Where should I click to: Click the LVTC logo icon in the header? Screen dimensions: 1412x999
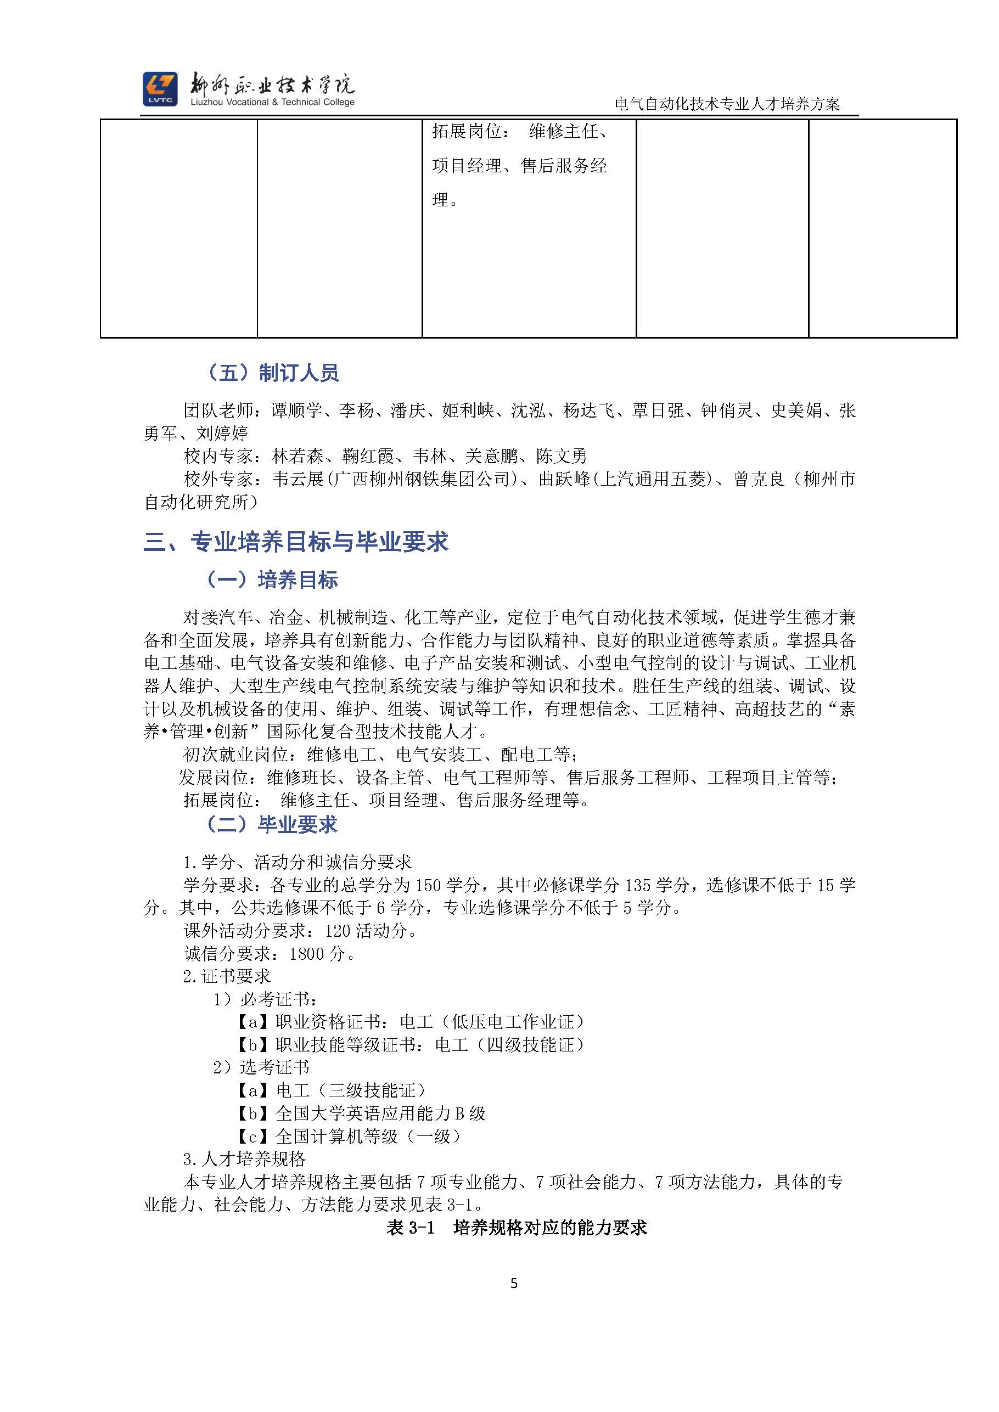coord(160,88)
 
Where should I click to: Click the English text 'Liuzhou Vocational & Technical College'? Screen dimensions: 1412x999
coord(272,102)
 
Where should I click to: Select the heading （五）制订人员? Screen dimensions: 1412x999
coord(272,373)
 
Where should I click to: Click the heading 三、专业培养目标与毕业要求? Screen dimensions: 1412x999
coord(296,542)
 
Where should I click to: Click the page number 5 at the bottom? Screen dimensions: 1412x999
coord(514,1284)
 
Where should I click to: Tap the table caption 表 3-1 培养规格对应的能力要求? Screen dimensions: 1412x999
coord(516,1228)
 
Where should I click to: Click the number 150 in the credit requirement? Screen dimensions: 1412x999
coord(428,885)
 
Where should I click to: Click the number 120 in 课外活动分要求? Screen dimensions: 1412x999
coord(338,931)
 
